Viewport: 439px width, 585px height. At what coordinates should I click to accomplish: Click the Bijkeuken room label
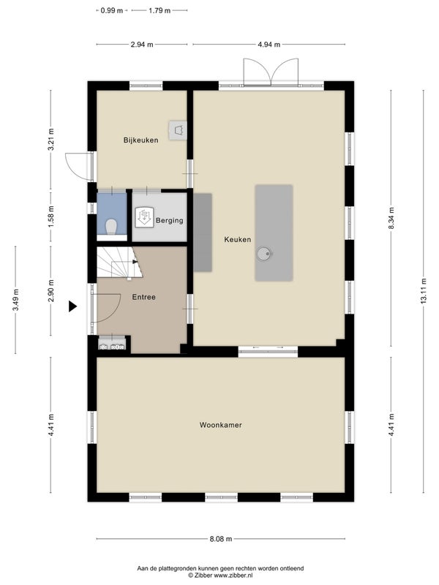140,140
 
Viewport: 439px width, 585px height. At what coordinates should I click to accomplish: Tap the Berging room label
170,221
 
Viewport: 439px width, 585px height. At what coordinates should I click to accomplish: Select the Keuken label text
237,240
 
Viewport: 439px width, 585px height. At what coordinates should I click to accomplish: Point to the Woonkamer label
221,425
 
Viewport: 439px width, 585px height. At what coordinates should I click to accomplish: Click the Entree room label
143,298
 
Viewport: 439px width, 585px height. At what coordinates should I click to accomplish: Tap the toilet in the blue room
111,227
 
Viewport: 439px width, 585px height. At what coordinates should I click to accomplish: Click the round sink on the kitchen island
263,254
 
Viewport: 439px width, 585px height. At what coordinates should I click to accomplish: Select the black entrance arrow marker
72,306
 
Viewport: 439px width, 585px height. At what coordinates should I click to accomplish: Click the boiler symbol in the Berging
144,217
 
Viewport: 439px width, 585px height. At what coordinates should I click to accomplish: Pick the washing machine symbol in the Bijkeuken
177,130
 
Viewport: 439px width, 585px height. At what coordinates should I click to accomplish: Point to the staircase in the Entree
119,263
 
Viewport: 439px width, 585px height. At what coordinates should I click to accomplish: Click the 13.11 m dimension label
424,291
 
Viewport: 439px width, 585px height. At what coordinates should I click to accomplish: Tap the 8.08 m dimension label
221,539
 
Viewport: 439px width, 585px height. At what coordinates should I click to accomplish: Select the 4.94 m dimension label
269,45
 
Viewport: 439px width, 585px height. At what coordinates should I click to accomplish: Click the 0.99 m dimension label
112,10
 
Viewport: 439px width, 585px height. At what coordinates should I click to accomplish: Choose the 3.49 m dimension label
15,300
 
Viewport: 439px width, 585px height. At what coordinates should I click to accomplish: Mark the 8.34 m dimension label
391,218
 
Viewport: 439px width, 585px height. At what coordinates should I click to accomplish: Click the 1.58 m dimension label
51,216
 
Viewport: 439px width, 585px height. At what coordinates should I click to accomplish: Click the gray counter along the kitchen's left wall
203,233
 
